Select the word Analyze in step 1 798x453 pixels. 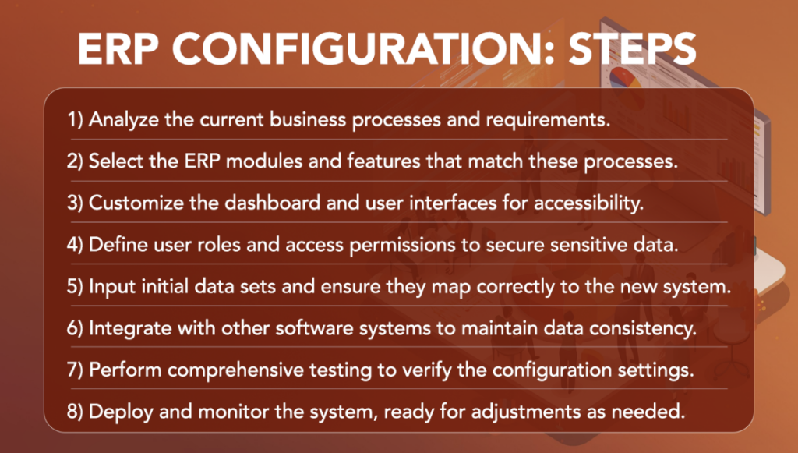[122, 121]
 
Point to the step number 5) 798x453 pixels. [75, 286]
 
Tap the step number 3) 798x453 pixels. [75, 203]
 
